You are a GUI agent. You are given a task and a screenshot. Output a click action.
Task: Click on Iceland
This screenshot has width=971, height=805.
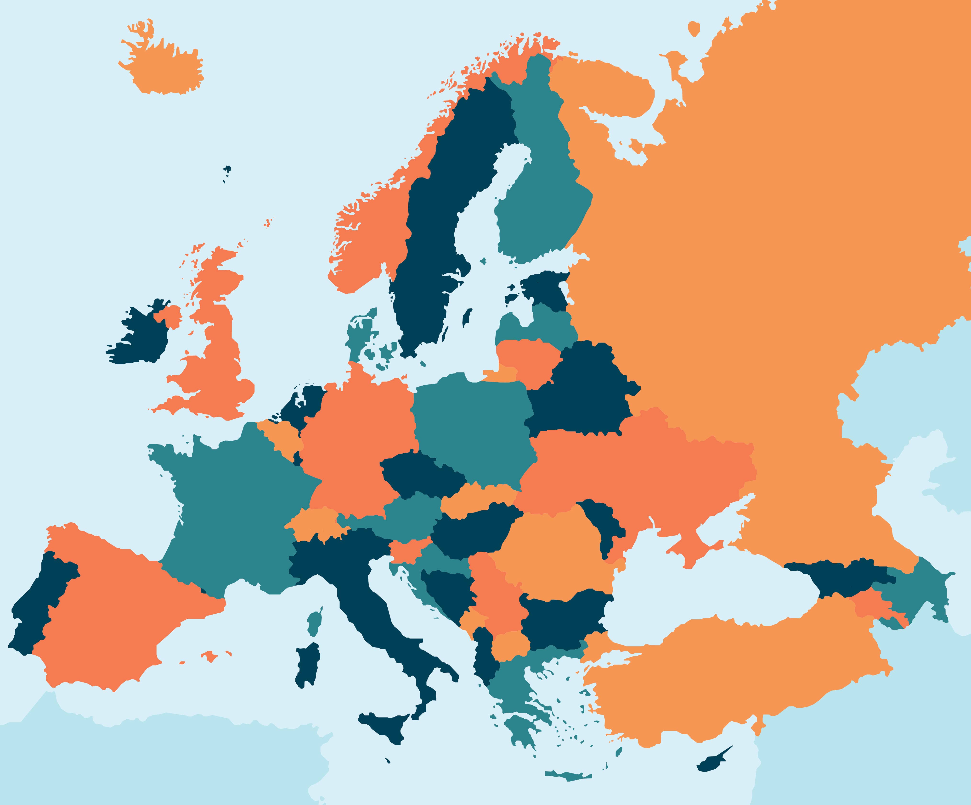(x=166, y=69)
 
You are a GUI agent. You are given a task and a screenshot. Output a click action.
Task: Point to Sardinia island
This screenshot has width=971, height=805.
(x=307, y=666)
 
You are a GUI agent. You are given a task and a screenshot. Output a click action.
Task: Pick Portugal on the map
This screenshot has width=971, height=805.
(x=39, y=601)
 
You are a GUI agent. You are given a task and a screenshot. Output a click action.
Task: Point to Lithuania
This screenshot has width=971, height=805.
(x=527, y=358)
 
